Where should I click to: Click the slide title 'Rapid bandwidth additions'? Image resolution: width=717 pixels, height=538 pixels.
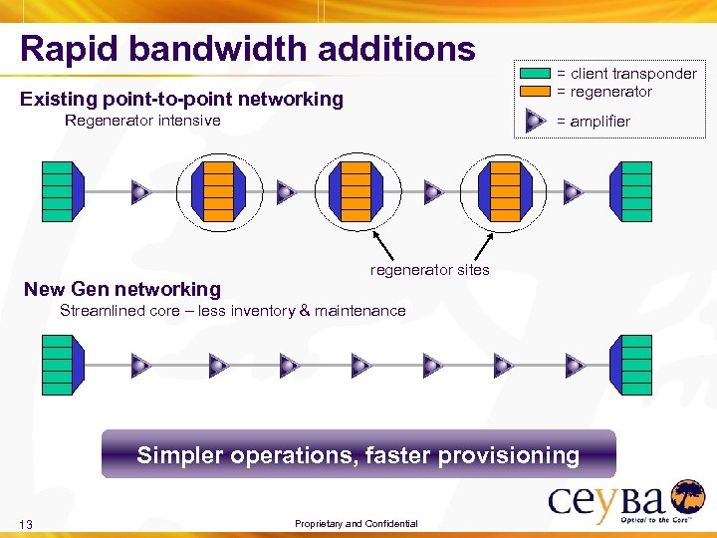tap(247, 49)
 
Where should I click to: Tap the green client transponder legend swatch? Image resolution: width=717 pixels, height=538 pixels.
tap(536, 74)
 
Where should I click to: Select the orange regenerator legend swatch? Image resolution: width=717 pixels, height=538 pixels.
tap(536, 92)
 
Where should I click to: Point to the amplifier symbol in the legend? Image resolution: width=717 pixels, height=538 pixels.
tap(535, 121)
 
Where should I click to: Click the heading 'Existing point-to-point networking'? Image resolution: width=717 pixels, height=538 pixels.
tap(181, 99)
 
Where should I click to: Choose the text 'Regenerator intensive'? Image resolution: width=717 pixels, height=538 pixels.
tap(142, 121)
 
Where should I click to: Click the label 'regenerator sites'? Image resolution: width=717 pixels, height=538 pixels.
tap(429, 270)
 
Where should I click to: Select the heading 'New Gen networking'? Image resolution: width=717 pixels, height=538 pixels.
tap(122, 290)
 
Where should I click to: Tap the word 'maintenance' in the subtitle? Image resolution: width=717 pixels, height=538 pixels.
tap(360, 311)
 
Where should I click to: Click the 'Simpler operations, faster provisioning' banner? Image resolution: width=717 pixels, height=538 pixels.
tap(358, 455)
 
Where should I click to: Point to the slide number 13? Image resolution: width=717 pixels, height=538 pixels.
tap(27, 525)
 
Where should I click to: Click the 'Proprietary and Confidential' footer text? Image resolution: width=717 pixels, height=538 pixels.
tap(357, 524)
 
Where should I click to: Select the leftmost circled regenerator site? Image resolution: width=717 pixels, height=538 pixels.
tap(218, 191)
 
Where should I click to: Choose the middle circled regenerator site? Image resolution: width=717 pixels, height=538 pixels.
tap(356, 191)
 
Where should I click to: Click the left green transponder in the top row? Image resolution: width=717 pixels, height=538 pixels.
tap(57, 191)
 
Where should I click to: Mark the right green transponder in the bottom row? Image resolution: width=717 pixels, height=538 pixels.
tap(635, 366)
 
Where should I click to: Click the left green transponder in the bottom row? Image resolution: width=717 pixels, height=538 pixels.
tap(57, 366)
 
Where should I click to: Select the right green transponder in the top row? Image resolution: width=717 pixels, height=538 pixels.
tap(635, 191)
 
